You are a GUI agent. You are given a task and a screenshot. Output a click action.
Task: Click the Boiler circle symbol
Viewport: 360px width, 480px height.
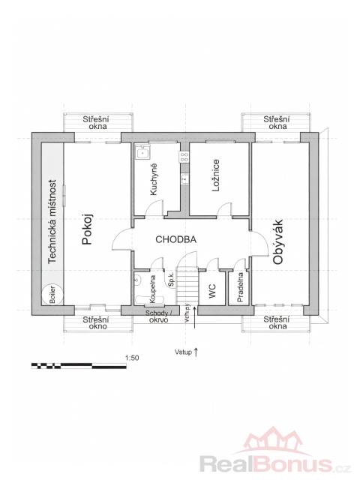[52, 295]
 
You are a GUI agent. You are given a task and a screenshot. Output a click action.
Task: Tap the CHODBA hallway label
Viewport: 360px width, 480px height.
[175, 239]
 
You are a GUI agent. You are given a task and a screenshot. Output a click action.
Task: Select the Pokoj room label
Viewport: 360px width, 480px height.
[87, 229]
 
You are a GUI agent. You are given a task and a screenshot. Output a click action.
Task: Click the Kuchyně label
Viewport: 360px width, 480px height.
[153, 179]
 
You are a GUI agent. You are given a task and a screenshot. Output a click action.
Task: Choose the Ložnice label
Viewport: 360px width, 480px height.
[216, 175]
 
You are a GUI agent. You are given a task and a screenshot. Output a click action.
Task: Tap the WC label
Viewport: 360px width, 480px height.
[212, 291]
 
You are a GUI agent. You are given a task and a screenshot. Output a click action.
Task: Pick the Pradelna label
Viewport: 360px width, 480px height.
[240, 287]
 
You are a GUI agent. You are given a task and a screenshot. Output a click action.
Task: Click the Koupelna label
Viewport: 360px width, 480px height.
[152, 289]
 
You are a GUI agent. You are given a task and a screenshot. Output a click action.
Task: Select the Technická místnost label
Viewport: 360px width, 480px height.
[52, 221]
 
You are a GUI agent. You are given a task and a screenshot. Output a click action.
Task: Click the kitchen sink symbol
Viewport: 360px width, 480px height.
[142, 152]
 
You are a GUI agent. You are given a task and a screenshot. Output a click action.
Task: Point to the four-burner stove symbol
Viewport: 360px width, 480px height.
[184, 157]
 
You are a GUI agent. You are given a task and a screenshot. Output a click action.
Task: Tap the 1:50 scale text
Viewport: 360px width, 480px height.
[132, 358]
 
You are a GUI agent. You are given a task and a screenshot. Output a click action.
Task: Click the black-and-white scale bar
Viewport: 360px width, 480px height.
[79, 365]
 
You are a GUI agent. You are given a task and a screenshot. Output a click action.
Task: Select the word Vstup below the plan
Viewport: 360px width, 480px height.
[183, 352]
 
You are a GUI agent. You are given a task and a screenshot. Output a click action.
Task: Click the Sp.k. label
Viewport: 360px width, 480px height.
[172, 280]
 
